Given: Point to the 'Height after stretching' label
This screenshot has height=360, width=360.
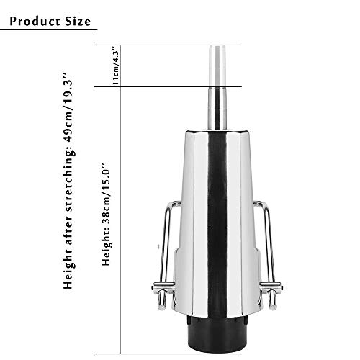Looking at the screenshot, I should click(68, 223).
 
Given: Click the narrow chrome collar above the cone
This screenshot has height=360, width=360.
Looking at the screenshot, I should click(217, 108).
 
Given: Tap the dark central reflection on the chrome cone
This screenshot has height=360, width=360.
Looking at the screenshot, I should click(217, 216).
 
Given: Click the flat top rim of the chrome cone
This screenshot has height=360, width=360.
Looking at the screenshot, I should click(217, 131).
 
